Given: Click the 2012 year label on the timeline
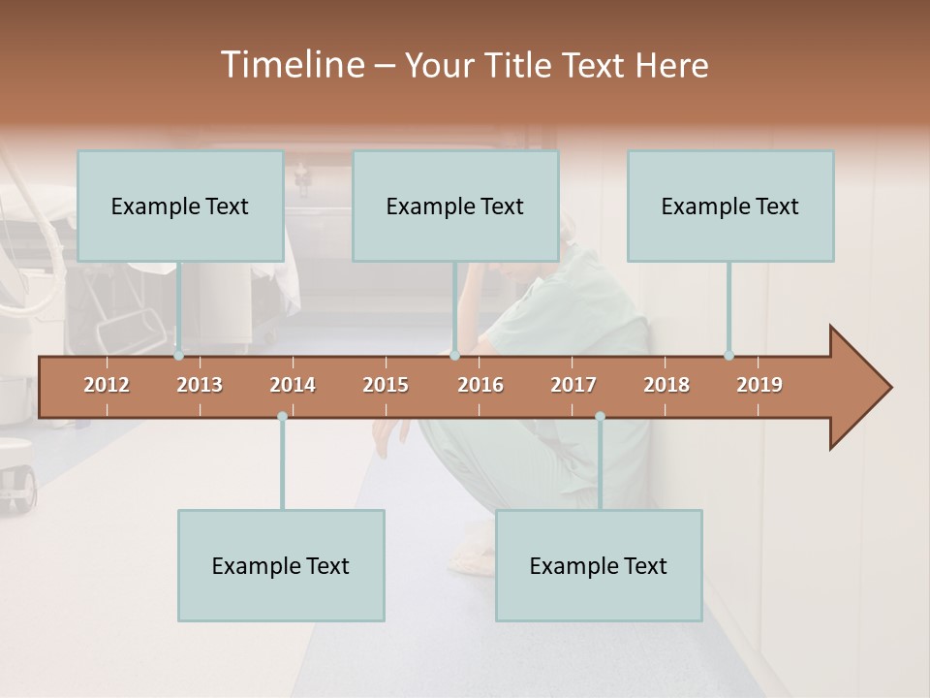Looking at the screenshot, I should coord(107,385).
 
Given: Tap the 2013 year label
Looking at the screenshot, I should coord(200,385).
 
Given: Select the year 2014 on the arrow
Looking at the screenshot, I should coord(293,385).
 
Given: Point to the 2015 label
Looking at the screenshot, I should coord(386,385).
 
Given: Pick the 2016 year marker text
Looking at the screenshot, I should coord(480,385).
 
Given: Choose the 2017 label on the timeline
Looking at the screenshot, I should coord(573,385).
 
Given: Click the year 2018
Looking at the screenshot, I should coord(666,385).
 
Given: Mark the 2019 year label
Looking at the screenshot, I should coord(759,385).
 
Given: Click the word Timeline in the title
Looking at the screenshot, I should coord(292,65).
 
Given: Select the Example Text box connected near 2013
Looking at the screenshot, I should coord(180,206).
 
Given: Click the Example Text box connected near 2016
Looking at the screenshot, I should coord(455,206).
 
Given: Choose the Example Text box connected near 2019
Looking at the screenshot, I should coord(730,206).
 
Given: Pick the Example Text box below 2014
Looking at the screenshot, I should coord(281,565).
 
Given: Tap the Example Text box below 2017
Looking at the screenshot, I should coord(599,565).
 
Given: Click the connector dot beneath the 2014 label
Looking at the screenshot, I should coord(282,416).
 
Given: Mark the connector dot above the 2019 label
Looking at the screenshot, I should coord(729,355).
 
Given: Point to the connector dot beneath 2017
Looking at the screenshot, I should coord(600,416).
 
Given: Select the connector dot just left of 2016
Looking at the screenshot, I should coord(454,355).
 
